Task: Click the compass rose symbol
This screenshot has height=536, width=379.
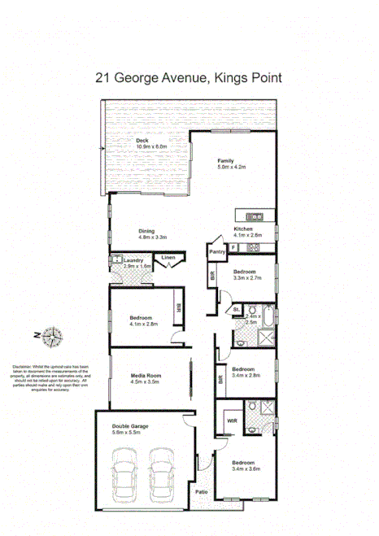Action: click(54, 334)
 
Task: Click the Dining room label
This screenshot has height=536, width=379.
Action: click(146, 230)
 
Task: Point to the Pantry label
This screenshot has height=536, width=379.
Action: click(216, 252)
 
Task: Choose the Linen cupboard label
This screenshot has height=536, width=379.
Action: click(168, 259)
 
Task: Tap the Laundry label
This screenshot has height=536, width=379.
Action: click(134, 260)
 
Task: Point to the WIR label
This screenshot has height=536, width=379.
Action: click(231, 421)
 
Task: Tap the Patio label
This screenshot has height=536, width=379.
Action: click(200, 491)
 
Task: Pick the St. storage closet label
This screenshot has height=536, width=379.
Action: click(236, 310)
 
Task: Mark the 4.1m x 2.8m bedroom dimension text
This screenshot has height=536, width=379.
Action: click(143, 324)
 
